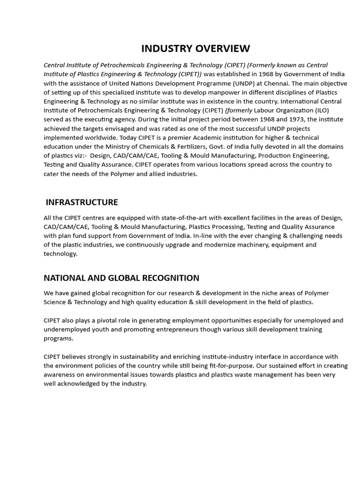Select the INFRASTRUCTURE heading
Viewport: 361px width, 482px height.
click(x=82, y=202)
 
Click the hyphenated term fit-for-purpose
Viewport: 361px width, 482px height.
click(x=210, y=366)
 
